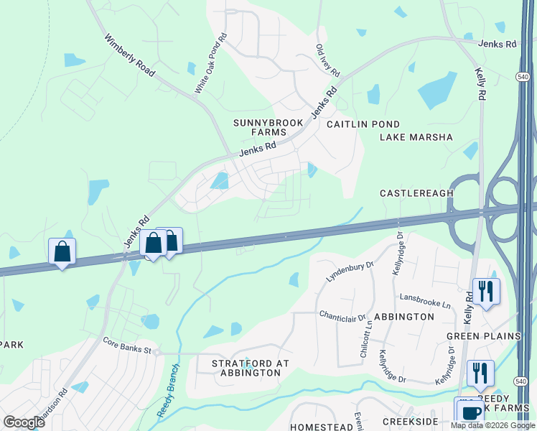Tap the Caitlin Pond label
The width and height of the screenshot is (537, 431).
(x=363, y=124)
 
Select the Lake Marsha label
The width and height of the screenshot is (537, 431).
(x=416, y=137)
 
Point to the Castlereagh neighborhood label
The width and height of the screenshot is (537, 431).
(x=417, y=194)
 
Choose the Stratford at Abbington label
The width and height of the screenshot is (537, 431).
(x=251, y=368)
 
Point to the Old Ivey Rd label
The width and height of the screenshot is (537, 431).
(x=327, y=62)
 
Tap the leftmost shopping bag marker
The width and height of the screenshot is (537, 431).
(x=62, y=251)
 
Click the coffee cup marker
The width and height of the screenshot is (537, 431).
(x=471, y=413)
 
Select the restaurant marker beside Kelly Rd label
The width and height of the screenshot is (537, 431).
(x=486, y=291)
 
